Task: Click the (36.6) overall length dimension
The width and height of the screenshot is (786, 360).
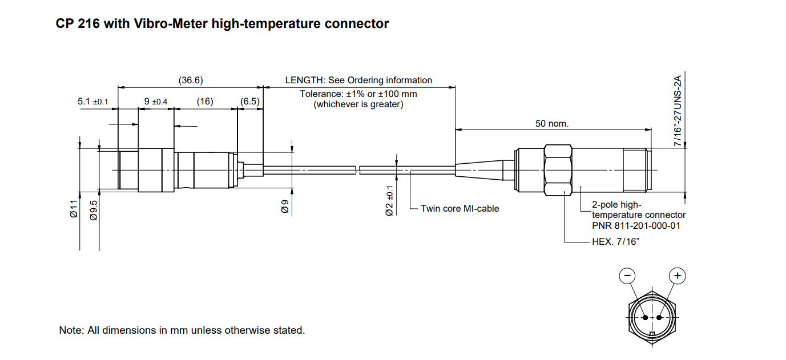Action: tap(191, 80)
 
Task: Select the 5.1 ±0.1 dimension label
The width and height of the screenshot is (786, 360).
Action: tap(93, 102)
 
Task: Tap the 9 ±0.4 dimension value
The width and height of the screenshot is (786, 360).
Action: tap(156, 102)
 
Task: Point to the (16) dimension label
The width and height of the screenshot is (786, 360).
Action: tap(204, 102)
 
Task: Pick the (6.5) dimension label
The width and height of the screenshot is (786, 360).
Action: tap(250, 102)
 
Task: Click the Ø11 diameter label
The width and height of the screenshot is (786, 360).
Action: tap(74, 208)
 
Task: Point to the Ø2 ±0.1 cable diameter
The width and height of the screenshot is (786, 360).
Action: tap(389, 201)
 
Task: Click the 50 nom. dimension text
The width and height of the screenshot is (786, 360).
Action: tap(552, 123)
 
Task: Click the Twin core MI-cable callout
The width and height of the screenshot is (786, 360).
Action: tap(459, 209)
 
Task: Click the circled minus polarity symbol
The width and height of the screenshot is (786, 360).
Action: tap(627, 276)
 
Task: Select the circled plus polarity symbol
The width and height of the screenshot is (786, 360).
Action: tap(678, 276)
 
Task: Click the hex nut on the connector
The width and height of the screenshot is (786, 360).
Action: tap(558, 170)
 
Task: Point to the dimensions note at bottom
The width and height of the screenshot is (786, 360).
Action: tap(182, 330)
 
